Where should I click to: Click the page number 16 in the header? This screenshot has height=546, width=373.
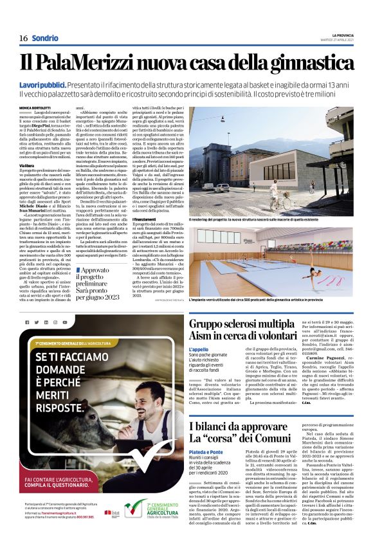pyautogui.click(x=23, y=38)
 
